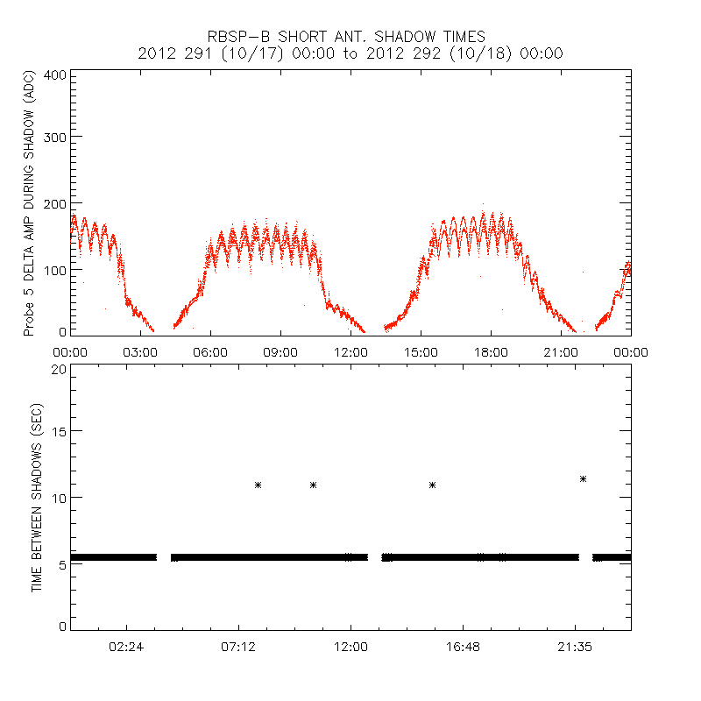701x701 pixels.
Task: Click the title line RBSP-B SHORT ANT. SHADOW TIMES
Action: click(x=350, y=36)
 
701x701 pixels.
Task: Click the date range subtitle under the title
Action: click(x=350, y=53)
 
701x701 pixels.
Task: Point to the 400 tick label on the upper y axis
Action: click(x=55, y=74)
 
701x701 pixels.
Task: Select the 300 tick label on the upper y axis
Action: click(x=55, y=137)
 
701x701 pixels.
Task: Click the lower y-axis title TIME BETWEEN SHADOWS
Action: click(x=37, y=498)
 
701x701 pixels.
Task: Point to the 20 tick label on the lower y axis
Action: click(x=60, y=369)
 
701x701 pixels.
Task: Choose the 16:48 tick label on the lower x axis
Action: click(x=463, y=648)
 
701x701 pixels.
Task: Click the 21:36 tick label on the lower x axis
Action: click(x=575, y=648)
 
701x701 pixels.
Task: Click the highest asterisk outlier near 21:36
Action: click(x=583, y=478)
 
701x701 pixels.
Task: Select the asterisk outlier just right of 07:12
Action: click(x=258, y=485)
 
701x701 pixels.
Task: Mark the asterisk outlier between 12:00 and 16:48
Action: click(x=433, y=485)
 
